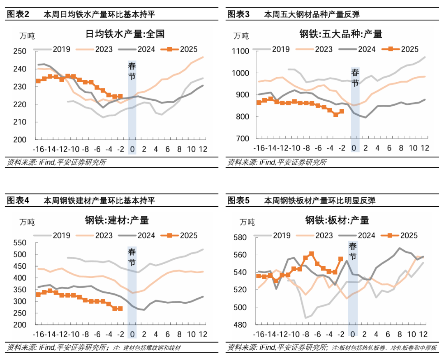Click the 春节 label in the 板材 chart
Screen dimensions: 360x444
pyautogui.click(x=353, y=251)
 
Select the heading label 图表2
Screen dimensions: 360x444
pyautogui.click(x=18, y=15)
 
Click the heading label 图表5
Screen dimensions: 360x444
pyautogui.click(x=238, y=201)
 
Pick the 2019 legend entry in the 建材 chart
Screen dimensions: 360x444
pyautogui.click(x=61, y=235)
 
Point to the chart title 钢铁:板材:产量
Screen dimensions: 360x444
pyautogui.click(x=337, y=220)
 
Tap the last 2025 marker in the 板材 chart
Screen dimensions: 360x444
pyautogui.click(x=340, y=259)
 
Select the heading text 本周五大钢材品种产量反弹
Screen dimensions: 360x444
pyautogui.click(x=311, y=15)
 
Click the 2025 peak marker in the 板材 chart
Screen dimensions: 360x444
pyautogui.click(x=311, y=254)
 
